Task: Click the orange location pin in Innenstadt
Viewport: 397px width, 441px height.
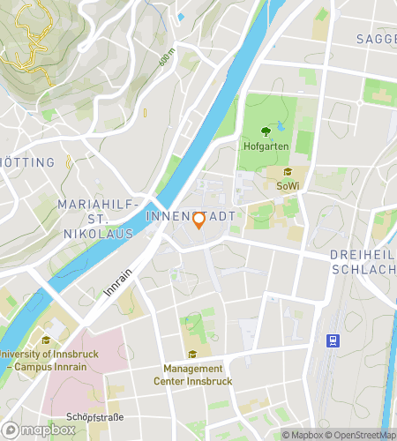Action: click(198, 220)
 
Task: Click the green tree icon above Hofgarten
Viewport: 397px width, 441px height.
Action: click(265, 131)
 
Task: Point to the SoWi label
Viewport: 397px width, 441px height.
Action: click(288, 186)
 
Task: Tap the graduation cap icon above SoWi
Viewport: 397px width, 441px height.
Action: click(288, 173)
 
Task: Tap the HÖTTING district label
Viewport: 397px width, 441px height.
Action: click(28, 162)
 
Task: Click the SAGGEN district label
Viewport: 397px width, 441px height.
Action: click(376, 39)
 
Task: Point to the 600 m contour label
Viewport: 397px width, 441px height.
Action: click(168, 58)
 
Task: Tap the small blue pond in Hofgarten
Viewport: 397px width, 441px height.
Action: click(281, 126)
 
